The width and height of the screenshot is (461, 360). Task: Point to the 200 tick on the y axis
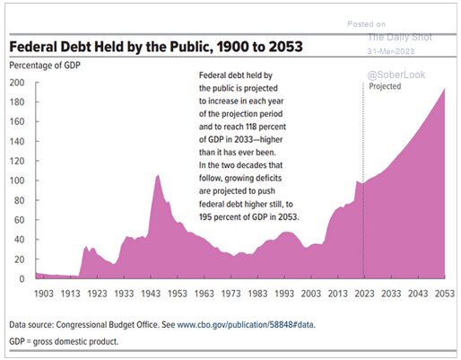17,82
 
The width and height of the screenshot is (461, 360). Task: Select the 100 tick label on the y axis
17,180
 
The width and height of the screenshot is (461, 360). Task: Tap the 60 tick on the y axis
20,220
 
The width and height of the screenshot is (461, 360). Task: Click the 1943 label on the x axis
158,294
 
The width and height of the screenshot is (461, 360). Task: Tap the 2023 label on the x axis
363,294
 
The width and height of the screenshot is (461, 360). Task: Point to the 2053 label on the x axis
433,294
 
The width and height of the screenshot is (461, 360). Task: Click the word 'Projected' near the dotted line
386,87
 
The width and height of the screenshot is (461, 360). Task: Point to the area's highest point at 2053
444,89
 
